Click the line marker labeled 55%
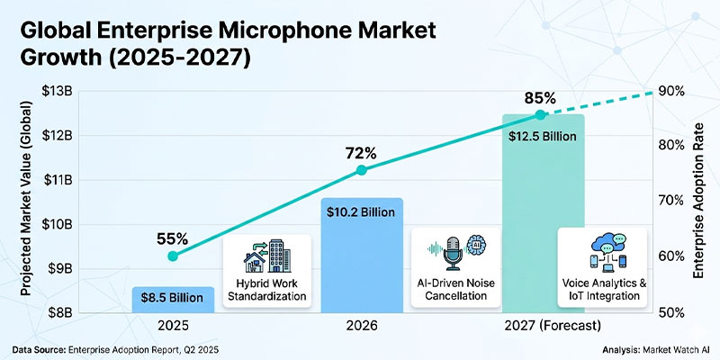(x=173, y=256)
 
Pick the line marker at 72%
(x=361, y=169)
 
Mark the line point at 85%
(x=540, y=114)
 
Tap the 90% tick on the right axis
(x=671, y=91)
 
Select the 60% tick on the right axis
(x=671, y=257)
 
